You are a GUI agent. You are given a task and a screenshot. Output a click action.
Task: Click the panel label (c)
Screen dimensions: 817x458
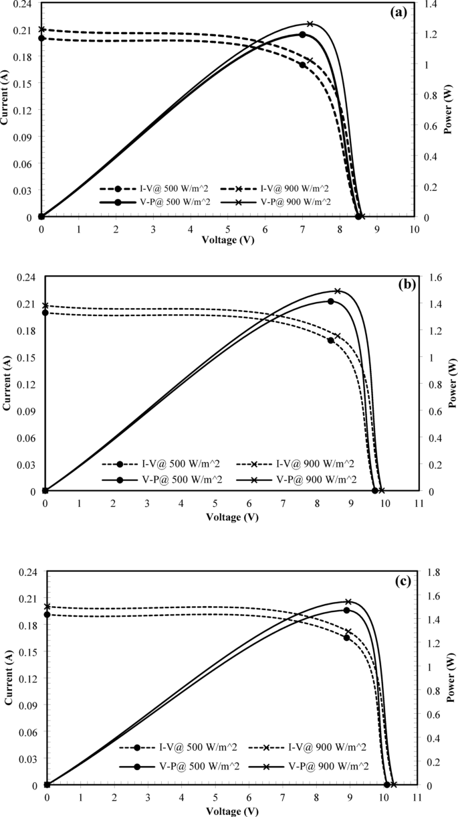pyautogui.click(x=403, y=581)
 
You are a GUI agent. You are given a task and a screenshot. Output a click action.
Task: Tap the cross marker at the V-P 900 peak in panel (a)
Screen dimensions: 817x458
pyautogui.click(x=310, y=24)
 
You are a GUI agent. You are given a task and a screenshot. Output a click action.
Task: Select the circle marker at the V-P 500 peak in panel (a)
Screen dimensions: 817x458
pyautogui.click(x=302, y=34)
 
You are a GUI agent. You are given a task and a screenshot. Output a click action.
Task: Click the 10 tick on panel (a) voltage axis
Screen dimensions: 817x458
pyautogui.click(x=415, y=229)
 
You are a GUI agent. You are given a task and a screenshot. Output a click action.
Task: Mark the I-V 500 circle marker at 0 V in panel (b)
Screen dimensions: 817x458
pyautogui.click(x=45, y=313)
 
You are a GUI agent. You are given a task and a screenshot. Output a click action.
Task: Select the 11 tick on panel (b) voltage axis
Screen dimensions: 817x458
pyautogui.click(x=418, y=503)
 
